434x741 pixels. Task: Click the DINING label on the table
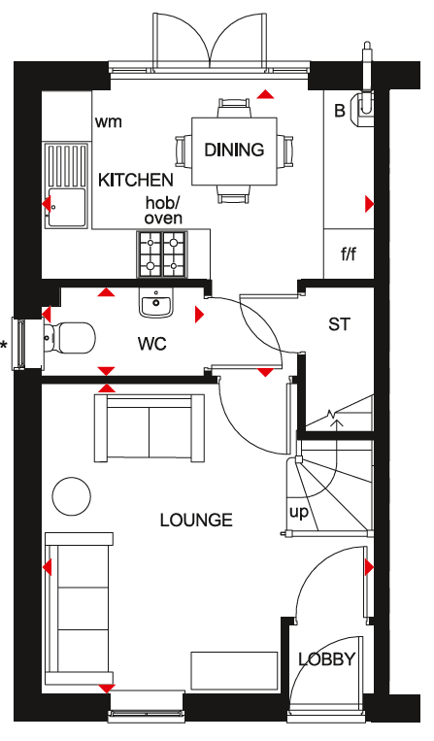[x=234, y=150]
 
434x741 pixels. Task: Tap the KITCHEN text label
[x=136, y=180]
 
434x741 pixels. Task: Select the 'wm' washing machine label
[x=108, y=122]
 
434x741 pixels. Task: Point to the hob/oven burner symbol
[x=162, y=254]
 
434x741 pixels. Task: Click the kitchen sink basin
[x=67, y=208]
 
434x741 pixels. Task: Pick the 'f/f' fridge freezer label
[x=349, y=254]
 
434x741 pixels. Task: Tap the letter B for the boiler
[x=340, y=111]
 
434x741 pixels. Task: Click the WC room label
[x=152, y=344]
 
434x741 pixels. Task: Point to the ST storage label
[x=340, y=324]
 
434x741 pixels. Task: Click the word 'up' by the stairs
[x=298, y=513]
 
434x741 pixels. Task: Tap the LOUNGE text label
[x=196, y=521]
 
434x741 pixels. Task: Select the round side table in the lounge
[x=71, y=496]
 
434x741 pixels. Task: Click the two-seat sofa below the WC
[x=150, y=428]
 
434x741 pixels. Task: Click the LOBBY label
[x=326, y=659]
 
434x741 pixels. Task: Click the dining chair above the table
[x=234, y=108]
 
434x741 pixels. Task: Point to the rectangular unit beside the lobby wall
[x=234, y=670]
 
